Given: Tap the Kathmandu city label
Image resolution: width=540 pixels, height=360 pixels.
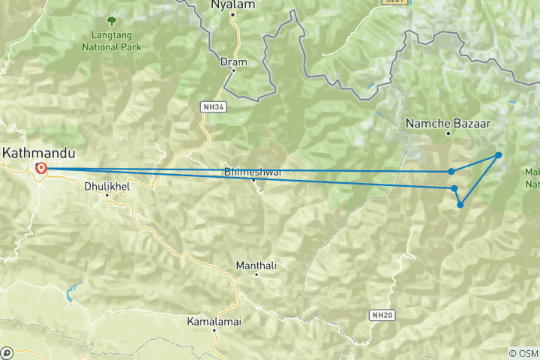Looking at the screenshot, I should click(x=39, y=152).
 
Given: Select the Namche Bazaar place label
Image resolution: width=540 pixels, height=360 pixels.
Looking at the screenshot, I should click(x=439, y=122).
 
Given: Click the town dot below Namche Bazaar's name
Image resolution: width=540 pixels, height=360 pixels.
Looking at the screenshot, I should click(x=448, y=133).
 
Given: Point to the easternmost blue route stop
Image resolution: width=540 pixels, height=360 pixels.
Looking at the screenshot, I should click(x=498, y=155).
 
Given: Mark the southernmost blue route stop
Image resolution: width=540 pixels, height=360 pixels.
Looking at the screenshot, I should click(x=460, y=204).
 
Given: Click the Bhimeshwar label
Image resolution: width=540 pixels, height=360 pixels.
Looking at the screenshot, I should click(x=253, y=172).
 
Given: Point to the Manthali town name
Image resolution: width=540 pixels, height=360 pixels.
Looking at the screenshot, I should click(x=256, y=265).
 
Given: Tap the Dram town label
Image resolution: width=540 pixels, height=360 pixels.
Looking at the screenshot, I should click(x=233, y=61).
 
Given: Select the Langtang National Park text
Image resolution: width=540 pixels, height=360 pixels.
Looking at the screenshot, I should click(x=112, y=40).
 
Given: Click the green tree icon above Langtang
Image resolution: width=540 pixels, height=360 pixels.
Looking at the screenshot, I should click(x=112, y=19).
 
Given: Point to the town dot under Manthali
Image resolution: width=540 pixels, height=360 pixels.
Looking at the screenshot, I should click(x=256, y=275).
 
